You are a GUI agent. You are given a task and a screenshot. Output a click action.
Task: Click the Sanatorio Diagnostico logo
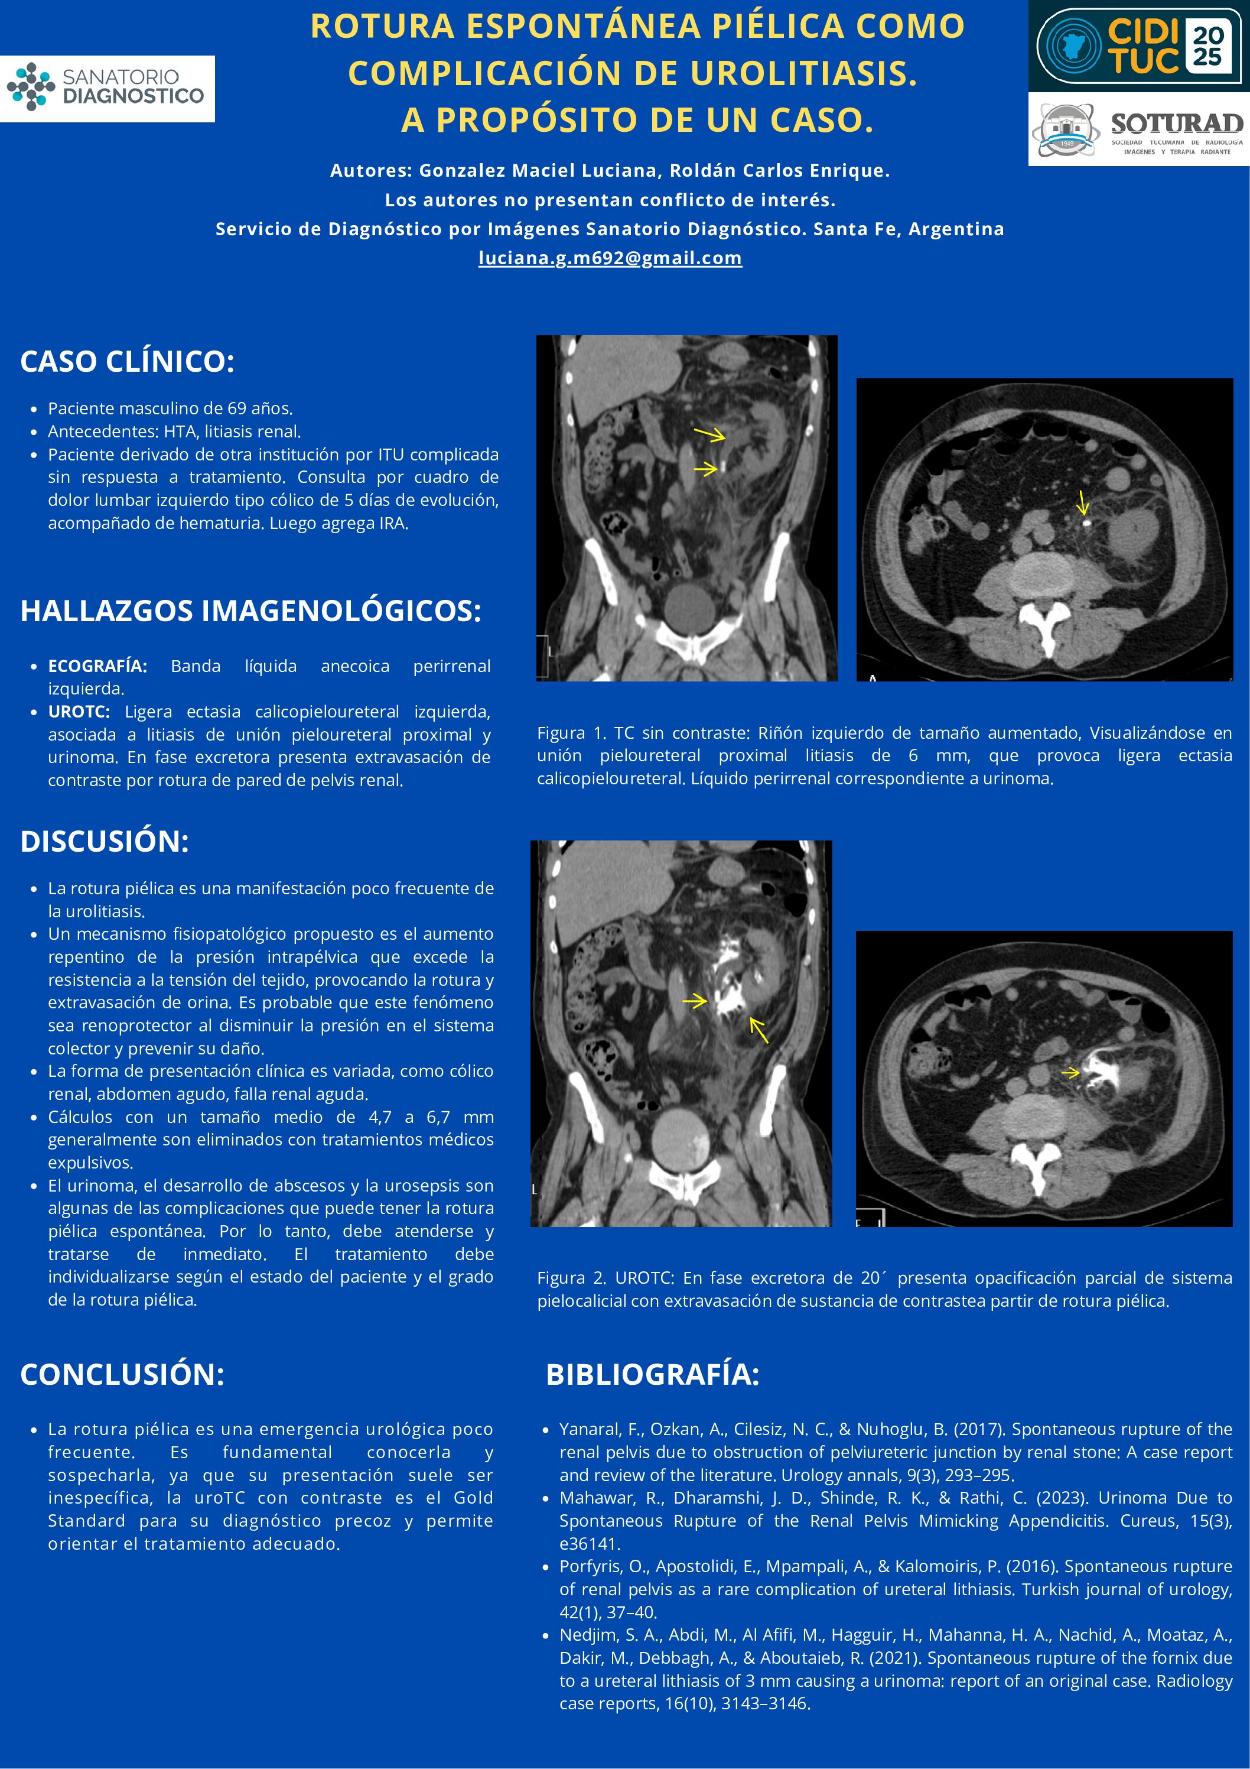click(107, 88)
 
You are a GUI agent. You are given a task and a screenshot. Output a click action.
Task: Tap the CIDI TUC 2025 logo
click(1138, 46)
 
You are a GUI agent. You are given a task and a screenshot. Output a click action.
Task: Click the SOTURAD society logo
click(1138, 129)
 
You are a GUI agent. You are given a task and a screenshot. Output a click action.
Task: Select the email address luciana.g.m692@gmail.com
click(610, 258)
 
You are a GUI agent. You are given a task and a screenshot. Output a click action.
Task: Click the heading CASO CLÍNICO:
click(127, 361)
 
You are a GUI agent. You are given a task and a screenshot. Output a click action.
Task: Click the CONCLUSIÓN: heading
click(122, 1375)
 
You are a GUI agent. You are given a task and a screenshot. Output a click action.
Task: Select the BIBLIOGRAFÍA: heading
click(652, 1375)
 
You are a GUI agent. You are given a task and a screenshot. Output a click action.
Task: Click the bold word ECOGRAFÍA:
click(97, 666)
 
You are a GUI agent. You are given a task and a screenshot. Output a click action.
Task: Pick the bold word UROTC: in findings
click(79, 711)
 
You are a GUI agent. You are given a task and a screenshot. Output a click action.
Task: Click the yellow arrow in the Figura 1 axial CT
click(1082, 503)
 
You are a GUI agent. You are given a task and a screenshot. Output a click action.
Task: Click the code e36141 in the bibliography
click(589, 1543)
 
